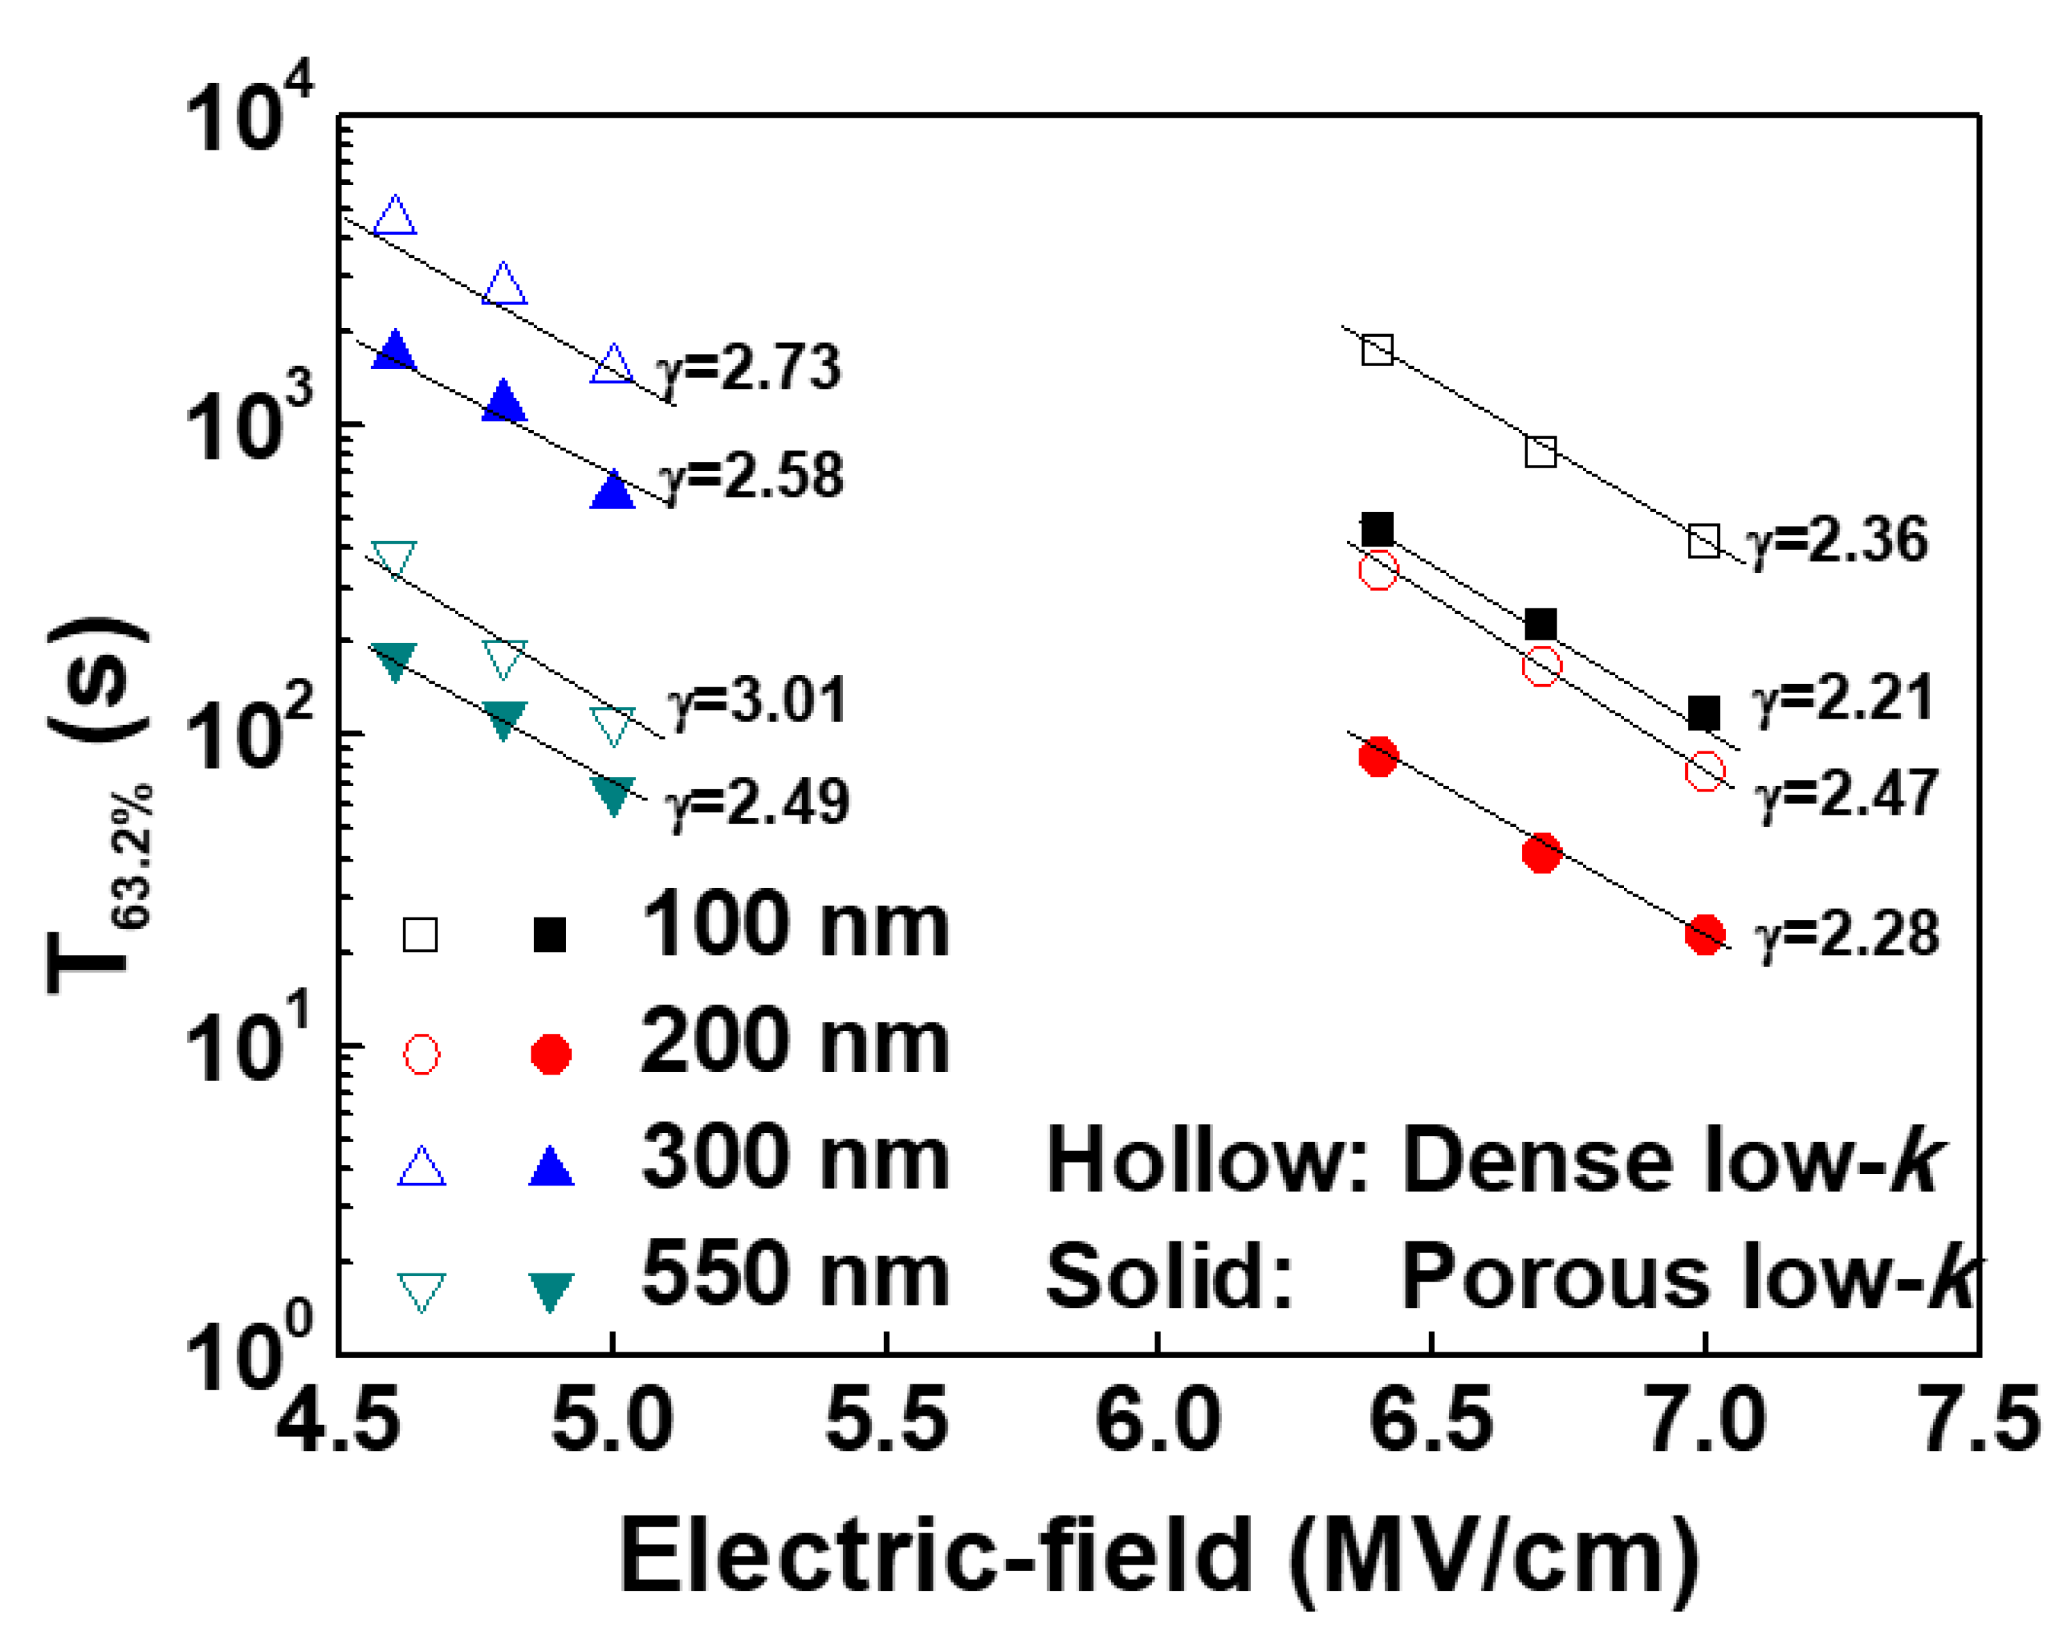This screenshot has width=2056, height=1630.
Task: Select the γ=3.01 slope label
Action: pos(757,702)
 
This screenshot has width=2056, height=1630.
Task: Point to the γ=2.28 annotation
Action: pos(1846,934)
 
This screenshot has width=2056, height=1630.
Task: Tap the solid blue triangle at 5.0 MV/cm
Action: pos(612,491)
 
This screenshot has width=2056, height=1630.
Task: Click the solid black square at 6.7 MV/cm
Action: pos(1541,625)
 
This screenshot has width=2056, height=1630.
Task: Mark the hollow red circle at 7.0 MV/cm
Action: pos(1704,770)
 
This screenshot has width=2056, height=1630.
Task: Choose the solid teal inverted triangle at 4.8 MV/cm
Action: pos(503,718)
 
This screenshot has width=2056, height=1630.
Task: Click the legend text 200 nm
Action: pos(795,1043)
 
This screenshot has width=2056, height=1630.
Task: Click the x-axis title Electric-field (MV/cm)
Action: pos(1158,1556)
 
